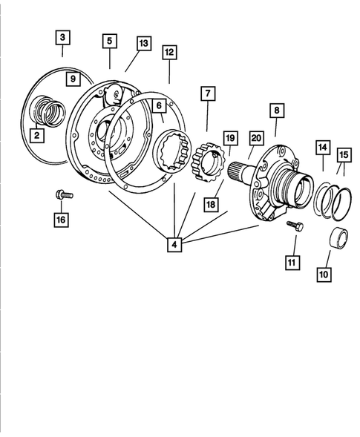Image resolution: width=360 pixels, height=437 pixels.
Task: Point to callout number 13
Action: click(x=143, y=44)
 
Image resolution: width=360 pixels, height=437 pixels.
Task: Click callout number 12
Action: click(x=169, y=53)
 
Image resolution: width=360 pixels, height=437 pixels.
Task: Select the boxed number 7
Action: click(x=206, y=94)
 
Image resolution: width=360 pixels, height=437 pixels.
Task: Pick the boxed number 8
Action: click(x=276, y=111)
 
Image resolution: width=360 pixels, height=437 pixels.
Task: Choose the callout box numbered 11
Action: click(x=293, y=261)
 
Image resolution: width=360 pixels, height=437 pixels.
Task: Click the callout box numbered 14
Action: click(x=322, y=148)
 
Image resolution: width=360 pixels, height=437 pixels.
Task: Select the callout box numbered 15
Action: click(x=344, y=154)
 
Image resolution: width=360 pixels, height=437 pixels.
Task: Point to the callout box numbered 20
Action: click(x=256, y=138)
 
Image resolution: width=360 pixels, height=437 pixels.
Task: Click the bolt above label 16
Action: click(x=62, y=195)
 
